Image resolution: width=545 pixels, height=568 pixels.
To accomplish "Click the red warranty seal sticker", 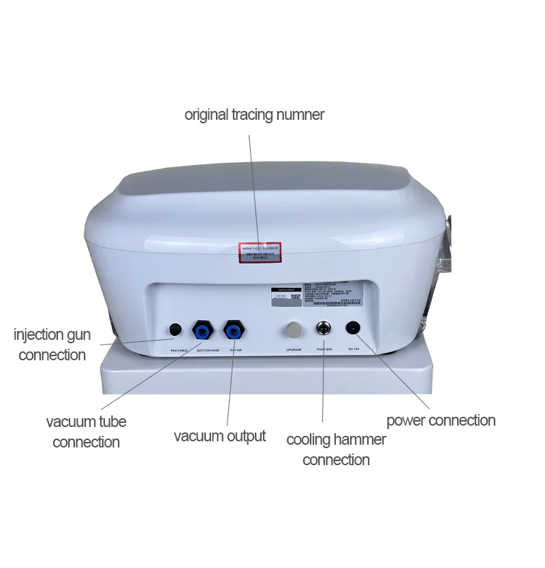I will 260,253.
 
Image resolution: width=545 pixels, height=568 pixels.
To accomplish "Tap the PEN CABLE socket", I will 175,330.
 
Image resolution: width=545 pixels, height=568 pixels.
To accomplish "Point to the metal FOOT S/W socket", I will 322,329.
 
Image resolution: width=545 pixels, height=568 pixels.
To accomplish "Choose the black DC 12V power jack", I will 353,328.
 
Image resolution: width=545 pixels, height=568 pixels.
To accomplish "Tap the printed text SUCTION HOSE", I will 208,350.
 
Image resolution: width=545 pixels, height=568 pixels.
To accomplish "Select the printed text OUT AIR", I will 236,350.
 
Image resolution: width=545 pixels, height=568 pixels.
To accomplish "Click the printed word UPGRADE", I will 294,350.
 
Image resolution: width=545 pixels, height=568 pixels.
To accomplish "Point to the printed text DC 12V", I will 354,350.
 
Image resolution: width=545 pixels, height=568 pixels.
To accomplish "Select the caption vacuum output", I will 219,436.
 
